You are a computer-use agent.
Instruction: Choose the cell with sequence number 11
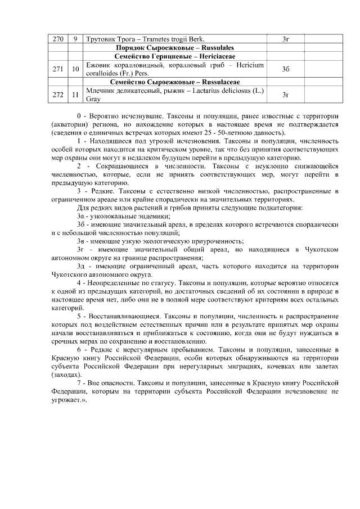[x=75, y=94]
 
